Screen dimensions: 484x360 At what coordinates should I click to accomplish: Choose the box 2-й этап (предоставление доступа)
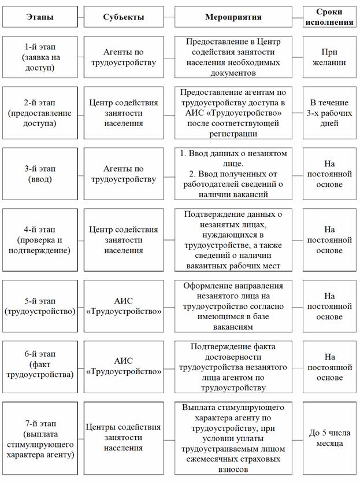(40, 113)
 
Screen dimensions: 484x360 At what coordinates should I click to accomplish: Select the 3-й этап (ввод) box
(40, 174)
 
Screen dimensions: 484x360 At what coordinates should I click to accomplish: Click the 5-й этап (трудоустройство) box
(40, 306)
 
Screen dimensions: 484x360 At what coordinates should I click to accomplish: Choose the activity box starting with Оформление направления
(233, 306)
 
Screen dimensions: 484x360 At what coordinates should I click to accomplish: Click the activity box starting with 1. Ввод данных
(233, 174)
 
